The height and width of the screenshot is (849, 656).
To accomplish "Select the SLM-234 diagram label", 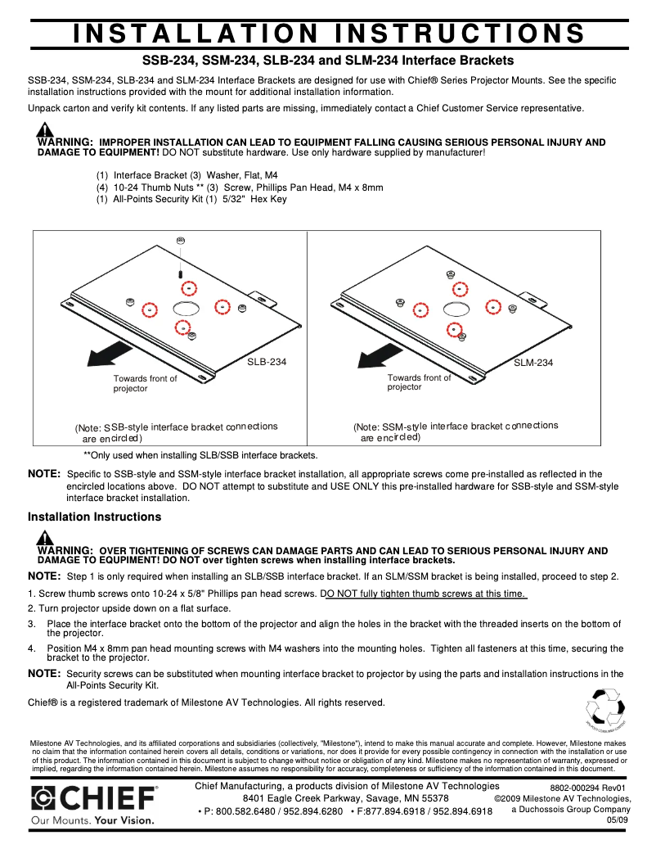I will click(x=533, y=363).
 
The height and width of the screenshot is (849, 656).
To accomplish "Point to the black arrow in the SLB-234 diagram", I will click(x=110, y=353).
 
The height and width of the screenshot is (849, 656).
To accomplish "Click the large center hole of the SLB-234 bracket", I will click(x=185, y=308).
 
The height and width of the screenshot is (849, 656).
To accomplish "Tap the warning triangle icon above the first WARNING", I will click(x=46, y=130).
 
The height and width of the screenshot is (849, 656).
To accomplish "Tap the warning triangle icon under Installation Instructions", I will click(x=46, y=538).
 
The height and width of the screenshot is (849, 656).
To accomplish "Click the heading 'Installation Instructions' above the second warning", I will click(x=94, y=517).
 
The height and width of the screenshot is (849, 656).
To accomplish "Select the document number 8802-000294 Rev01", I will click(x=587, y=788).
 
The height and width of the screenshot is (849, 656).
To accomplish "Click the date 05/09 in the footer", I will click(x=618, y=820).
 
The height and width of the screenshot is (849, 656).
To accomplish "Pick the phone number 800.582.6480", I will click(x=240, y=811).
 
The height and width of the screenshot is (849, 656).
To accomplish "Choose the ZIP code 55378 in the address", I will click(x=431, y=798).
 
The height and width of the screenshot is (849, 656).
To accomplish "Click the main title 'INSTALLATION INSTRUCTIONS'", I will click(x=328, y=34).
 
